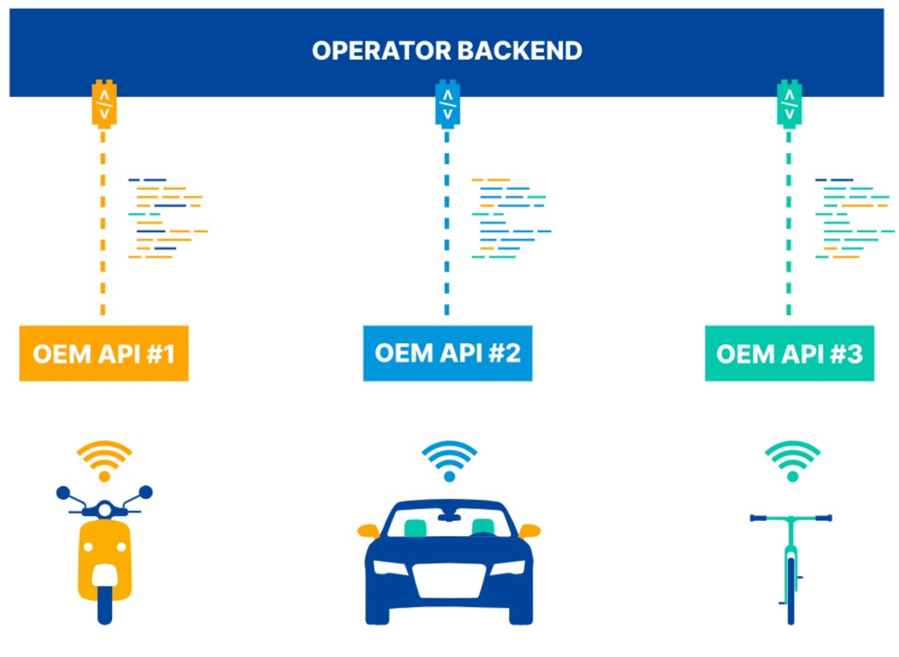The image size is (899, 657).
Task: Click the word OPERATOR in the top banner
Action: click(381, 50)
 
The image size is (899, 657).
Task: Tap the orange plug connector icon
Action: click(104, 104)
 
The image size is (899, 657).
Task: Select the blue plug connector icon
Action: click(447, 104)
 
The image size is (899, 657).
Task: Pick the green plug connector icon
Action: click(789, 104)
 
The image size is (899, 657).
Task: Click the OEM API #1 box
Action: click(104, 353)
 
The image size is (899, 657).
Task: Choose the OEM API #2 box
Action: click(447, 353)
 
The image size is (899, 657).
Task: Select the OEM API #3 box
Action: click(789, 353)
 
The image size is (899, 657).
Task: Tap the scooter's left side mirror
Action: click(63, 492)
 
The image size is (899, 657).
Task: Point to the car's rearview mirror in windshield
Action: click(449, 517)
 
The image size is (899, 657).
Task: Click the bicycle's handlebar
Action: click(791, 518)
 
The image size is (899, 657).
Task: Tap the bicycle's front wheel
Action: click(791, 592)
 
